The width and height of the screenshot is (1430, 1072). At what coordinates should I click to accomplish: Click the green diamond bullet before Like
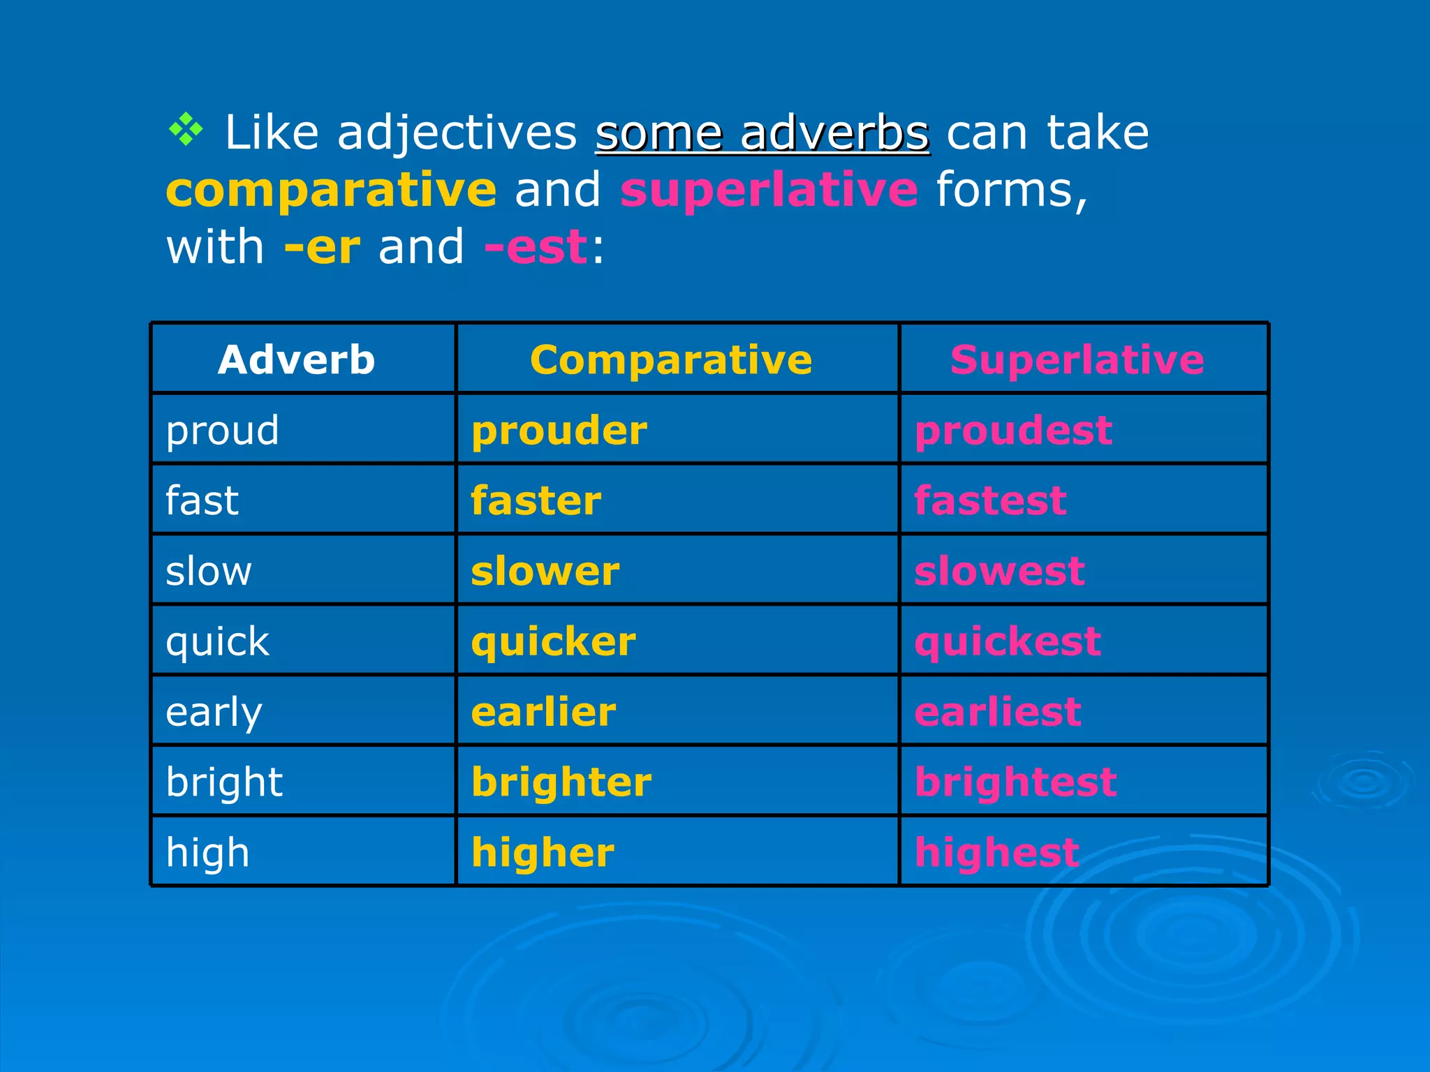pyautogui.click(x=186, y=129)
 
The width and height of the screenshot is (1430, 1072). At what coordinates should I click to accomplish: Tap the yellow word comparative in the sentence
pyautogui.click(x=331, y=190)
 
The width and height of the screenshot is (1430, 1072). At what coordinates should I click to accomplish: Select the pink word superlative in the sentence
pyautogui.click(x=769, y=190)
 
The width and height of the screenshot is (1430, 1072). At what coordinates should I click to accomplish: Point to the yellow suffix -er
pyautogui.click(x=322, y=247)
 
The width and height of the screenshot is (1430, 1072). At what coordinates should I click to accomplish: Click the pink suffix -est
pyautogui.click(x=536, y=247)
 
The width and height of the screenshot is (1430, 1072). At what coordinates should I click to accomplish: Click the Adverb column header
pyautogui.click(x=296, y=360)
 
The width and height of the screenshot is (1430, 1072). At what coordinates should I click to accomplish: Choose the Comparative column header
pyautogui.click(x=670, y=360)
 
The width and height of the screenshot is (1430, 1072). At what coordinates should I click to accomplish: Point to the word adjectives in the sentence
pyautogui.click(x=457, y=133)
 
